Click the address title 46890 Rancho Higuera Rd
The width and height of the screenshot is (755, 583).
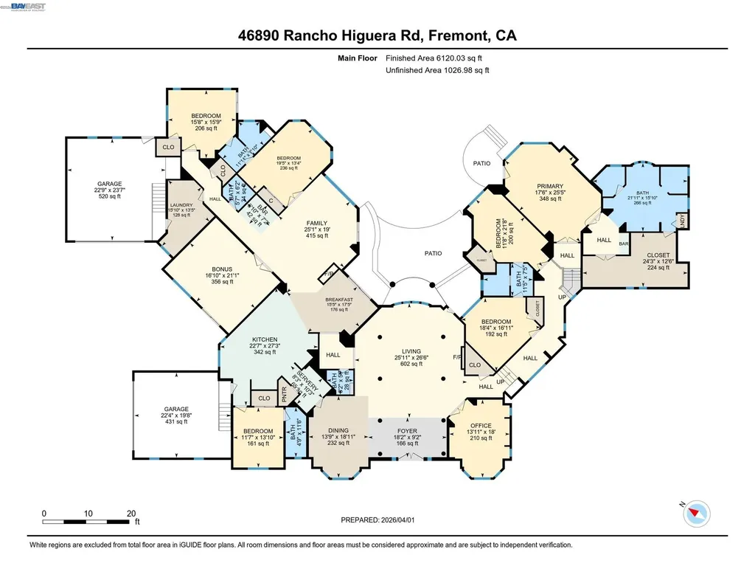tap(377, 35)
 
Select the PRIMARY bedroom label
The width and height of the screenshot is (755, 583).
tap(549, 186)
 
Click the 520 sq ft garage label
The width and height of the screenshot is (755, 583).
tap(110, 184)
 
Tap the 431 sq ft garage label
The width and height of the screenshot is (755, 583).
tap(176, 409)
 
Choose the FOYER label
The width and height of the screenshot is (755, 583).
tap(407, 431)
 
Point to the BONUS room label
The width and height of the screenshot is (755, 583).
tap(222, 269)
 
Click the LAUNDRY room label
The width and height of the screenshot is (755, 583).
tap(181, 205)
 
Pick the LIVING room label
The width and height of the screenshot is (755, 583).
tap(411, 351)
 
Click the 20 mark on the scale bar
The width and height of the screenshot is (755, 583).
tap(131, 513)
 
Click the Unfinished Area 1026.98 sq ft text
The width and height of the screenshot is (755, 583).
tap(437, 70)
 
